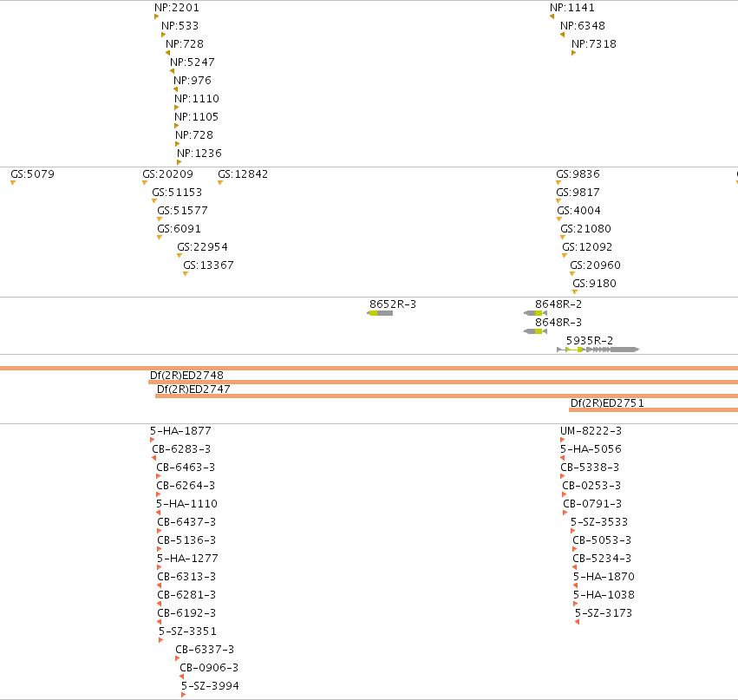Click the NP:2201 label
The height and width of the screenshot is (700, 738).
point(177,8)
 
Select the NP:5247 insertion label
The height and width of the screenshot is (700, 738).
point(192,62)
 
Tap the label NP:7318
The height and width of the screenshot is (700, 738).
point(593,43)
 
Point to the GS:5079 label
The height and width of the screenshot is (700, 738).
point(32,174)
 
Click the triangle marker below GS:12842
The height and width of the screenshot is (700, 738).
point(219,183)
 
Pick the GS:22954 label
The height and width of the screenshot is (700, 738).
point(202,247)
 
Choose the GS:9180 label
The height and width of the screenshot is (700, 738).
point(594,284)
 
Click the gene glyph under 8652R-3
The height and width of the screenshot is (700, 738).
point(380,313)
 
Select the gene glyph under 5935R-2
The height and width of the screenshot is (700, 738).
point(598,350)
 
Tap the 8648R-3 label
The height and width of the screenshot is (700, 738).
point(558,323)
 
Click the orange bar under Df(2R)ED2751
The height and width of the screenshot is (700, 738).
point(653,410)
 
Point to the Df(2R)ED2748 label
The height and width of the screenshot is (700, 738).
point(186,376)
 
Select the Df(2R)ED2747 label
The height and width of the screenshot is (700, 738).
point(193,389)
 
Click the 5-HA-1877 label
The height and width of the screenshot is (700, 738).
point(180,431)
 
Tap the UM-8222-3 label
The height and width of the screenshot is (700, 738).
point(591,431)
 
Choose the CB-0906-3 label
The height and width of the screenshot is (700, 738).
point(209,668)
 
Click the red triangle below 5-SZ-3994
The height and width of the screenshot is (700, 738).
point(183,695)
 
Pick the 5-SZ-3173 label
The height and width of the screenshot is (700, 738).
point(604,613)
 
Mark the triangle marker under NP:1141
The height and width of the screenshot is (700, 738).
point(552,16)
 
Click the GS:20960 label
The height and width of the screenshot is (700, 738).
point(595,265)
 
